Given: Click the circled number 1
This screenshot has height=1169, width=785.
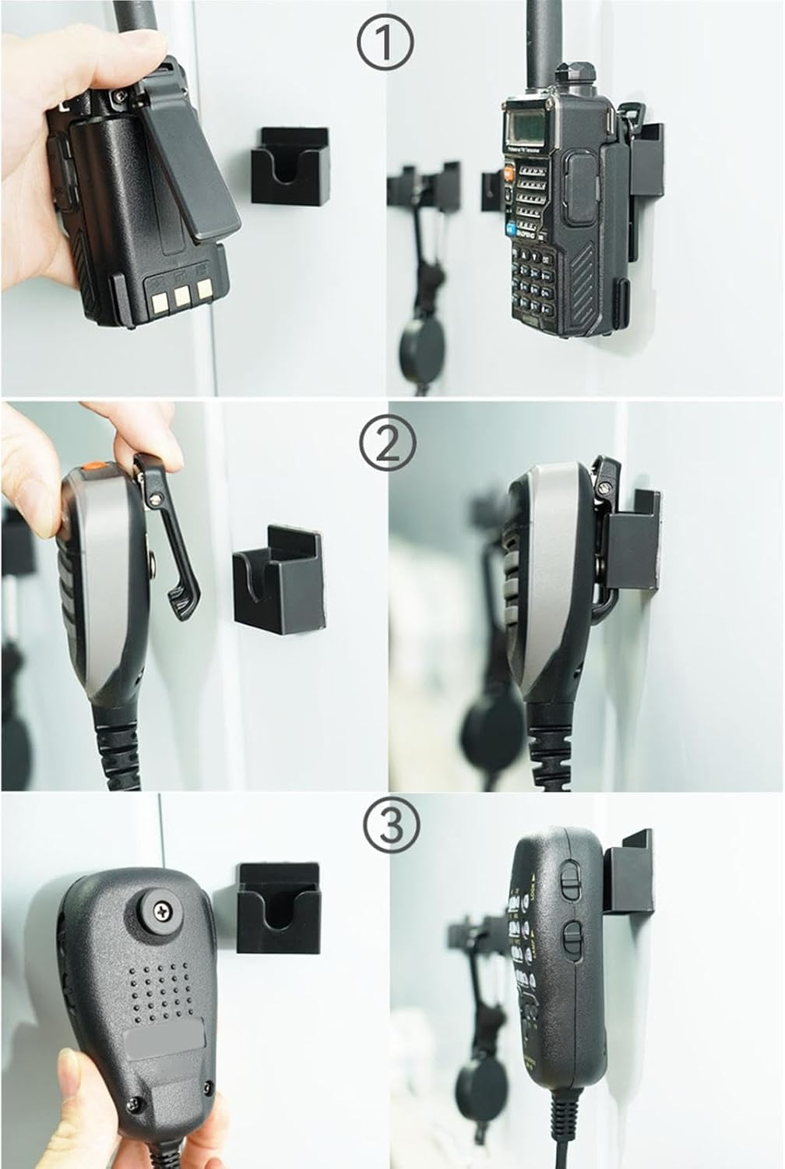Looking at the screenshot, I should coord(386,43).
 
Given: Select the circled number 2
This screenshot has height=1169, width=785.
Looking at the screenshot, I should coord(388,443).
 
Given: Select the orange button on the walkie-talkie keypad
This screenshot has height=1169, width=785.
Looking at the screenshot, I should coord(508,173).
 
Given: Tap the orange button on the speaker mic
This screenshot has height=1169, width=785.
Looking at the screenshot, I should coord(93,470).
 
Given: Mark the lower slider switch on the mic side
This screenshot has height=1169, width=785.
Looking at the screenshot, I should coord(573,936).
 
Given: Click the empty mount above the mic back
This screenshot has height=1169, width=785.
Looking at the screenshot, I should coord(277,905).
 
